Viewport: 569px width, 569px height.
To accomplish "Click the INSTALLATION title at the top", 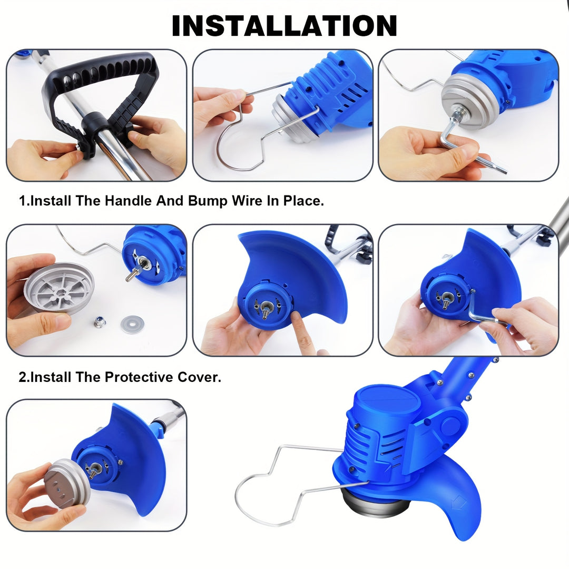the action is click(x=284, y=26).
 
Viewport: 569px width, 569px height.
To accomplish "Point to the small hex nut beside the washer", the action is click(x=99, y=321).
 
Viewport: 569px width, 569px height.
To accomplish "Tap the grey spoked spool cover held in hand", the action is click(x=59, y=288).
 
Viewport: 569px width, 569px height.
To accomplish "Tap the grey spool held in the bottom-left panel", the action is click(x=68, y=483).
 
